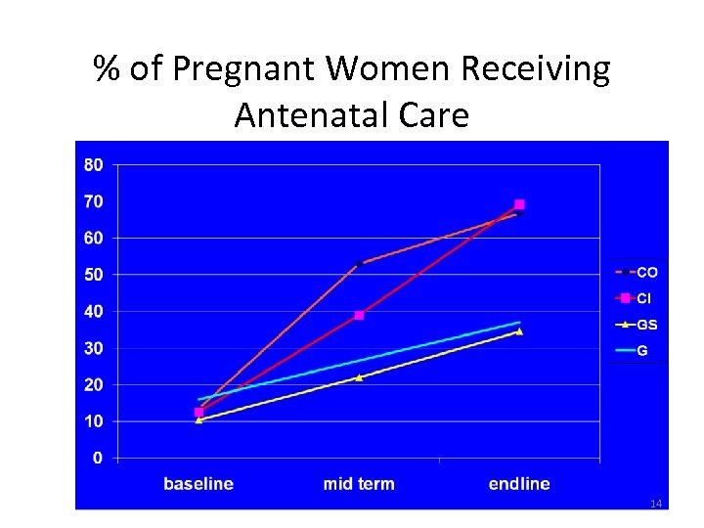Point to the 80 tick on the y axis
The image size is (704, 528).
93,165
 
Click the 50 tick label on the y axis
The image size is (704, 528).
93,275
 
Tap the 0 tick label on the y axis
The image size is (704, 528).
98,458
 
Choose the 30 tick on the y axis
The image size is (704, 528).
93,348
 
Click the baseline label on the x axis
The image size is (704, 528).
198,484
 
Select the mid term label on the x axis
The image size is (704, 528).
359,484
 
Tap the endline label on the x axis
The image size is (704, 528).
519,484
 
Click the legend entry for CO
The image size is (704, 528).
637,272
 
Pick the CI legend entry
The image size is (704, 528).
637,298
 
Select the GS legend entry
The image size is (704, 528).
637,324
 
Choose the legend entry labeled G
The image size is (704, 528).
637,350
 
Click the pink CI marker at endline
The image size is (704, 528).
519,204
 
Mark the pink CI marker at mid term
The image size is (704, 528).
359,315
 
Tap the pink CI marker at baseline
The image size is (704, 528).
198,413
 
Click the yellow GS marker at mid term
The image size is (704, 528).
359,377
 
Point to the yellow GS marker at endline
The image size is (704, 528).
519,331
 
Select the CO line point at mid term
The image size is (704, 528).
359,264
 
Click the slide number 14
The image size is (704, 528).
656,504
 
